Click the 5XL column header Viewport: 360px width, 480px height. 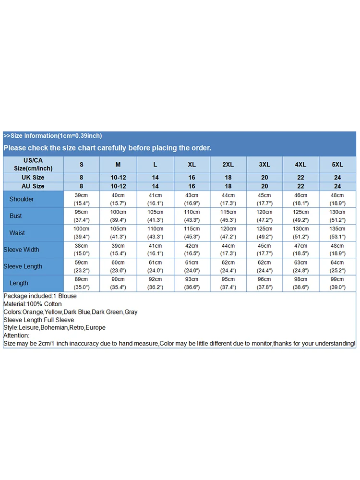(337, 164)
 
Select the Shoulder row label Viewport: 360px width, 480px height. (22, 199)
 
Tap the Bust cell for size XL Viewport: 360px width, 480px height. (192, 216)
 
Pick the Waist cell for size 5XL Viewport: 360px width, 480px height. (337, 233)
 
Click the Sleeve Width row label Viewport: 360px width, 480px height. (22, 250)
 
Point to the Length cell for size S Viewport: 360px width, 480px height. (81, 283)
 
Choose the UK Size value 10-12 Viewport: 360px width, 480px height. (118, 178)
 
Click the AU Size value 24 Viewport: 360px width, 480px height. (337, 186)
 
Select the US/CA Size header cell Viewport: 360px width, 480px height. (33, 164)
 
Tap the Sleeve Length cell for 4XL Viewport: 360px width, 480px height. (301, 266)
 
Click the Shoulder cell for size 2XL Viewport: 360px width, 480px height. (228, 199)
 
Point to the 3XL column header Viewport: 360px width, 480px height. (264, 164)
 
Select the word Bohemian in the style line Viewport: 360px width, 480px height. (54, 327)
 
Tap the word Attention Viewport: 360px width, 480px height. (16, 336)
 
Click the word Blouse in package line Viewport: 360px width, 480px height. (67, 296)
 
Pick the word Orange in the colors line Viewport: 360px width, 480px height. (33, 312)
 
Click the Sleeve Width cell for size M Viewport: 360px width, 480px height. (118, 250)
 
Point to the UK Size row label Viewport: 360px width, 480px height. (33, 178)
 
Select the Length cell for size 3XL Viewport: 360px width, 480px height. (264, 283)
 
